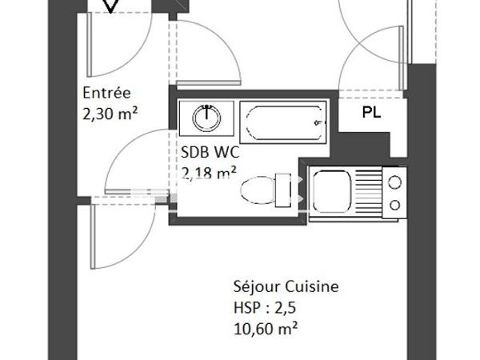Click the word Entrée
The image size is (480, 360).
tap(106, 92)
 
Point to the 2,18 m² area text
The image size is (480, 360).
tap(210, 171)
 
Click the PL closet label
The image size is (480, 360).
tap(371, 113)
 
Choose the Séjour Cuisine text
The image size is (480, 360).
tap(286, 286)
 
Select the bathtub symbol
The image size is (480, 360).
tap(283, 122)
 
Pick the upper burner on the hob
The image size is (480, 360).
tap(394, 182)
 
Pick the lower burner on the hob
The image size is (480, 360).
tap(394, 205)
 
